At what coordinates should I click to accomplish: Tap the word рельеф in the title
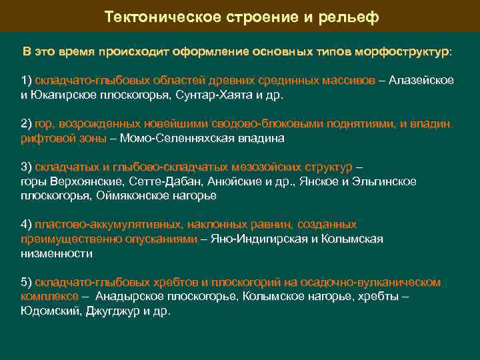pyautogui.click(x=351, y=17)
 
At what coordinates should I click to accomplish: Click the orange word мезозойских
pyautogui.click(x=262, y=166)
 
